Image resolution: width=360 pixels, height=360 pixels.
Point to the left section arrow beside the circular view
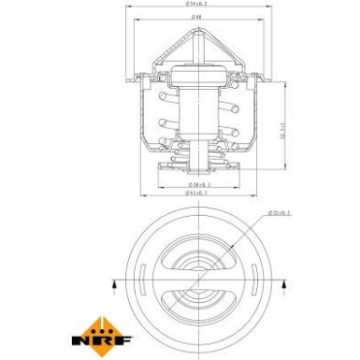click(x=112, y=280)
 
